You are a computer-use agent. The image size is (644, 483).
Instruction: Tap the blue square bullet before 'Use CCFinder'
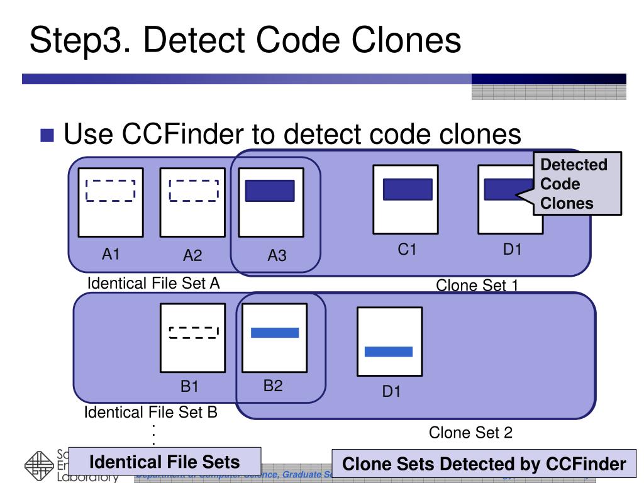pos(48,135)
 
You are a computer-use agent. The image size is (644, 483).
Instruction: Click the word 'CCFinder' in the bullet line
pos(182,134)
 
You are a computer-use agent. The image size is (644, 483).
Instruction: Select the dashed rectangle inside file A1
pos(111,190)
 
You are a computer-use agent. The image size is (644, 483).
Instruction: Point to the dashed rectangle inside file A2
pos(193,190)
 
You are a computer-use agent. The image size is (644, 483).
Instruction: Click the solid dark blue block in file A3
pos(270,191)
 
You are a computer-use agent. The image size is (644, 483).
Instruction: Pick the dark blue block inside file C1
pos(408,189)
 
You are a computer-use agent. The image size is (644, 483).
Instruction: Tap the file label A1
pos(111,254)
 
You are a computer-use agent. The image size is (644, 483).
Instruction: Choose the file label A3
pos(277,256)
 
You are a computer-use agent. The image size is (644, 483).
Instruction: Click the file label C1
pos(407,250)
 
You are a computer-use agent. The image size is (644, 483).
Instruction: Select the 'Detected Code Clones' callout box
pos(575,184)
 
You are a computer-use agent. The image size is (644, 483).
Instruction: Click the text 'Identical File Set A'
pos(153,283)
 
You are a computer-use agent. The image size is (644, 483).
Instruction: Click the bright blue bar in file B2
pos(275,332)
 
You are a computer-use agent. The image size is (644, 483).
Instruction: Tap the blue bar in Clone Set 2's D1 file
pos(389,352)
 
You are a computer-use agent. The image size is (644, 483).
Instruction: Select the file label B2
pos(273,386)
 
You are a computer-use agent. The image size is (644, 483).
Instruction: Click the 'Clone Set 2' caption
pos(470,433)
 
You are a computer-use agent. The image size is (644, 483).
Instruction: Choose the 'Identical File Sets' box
pos(165,462)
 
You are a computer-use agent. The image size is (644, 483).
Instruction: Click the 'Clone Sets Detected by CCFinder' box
pos(484,465)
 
